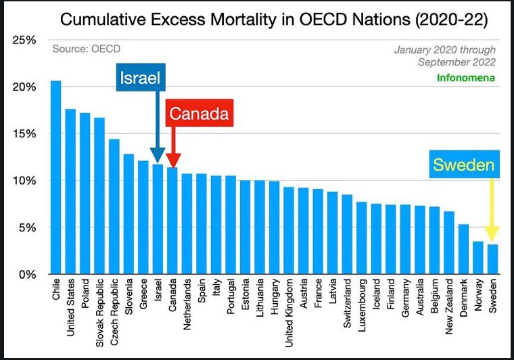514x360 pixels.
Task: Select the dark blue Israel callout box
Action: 140,78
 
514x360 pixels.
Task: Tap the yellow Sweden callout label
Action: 464,165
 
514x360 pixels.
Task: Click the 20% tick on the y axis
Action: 26,87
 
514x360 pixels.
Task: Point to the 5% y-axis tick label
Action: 29,227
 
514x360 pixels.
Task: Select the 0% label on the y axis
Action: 29,274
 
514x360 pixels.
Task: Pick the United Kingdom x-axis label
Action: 289,309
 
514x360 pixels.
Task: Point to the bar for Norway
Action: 477,258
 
